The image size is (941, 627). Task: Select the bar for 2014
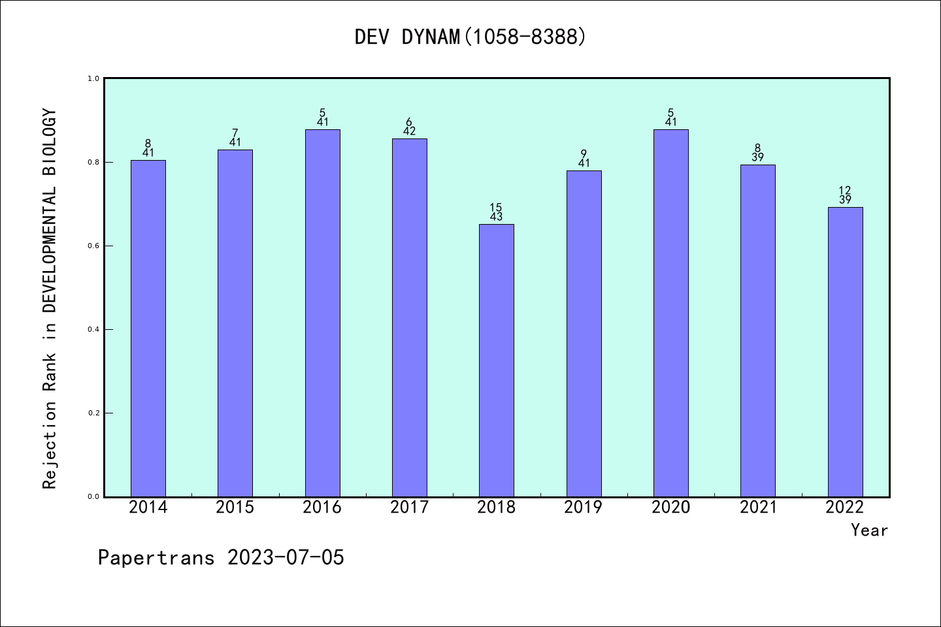(x=148, y=328)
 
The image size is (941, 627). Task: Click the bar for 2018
(x=497, y=360)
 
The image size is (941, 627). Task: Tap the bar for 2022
(x=845, y=351)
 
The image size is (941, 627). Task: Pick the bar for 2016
(x=323, y=313)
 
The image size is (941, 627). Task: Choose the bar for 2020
(x=671, y=313)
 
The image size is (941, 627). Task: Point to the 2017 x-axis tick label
(x=409, y=507)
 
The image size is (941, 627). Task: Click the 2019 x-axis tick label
(x=584, y=507)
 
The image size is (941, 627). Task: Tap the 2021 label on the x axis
(x=758, y=507)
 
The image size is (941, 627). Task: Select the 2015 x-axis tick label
(x=235, y=507)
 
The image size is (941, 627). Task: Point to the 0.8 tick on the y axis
(x=93, y=162)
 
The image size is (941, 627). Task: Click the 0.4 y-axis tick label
(x=93, y=329)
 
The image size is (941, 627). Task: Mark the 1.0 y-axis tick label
(x=93, y=78)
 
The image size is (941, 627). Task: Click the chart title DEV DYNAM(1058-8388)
(x=470, y=37)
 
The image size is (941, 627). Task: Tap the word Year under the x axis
(x=869, y=530)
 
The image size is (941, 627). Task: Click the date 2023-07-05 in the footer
(x=286, y=558)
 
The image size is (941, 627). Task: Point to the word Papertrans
(x=156, y=558)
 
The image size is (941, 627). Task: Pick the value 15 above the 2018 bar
(x=496, y=208)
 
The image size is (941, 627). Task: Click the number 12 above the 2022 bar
(x=845, y=191)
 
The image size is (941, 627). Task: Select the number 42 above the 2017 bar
(x=409, y=131)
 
